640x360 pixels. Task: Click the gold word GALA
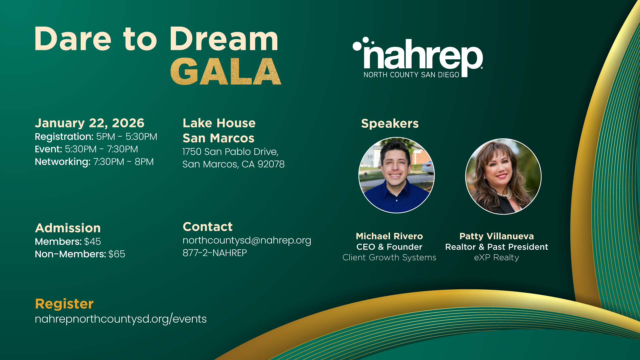(x=226, y=72)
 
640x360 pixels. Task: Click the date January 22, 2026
(x=90, y=123)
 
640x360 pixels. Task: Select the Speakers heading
(x=390, y=123)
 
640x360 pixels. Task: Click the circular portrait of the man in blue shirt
(x=396, y=175)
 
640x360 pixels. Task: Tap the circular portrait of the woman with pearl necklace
(x=503, y=176)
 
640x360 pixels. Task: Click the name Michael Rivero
(x=389, y=236)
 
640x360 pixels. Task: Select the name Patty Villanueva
(x=497, y=236)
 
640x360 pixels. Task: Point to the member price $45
(x=92, y=241)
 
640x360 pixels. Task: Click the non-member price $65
(x=117, y=254)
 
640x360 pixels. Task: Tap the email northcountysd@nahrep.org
(x=247, y=240)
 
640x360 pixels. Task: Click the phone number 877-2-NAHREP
(x=215, y=253)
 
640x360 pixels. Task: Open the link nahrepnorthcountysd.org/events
(x=121, y=319)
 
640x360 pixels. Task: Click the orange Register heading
(x=64, y=304)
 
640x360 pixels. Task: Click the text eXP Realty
(x=497, y=257)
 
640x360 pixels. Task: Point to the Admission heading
(x=68, y=228)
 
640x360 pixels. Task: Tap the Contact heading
(x=208, y=227)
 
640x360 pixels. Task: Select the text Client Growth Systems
(x=389, y=257)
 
